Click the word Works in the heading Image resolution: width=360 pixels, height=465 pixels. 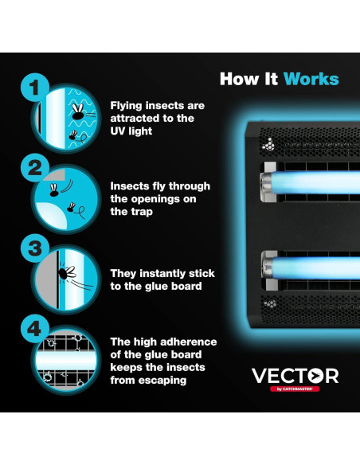[311, 79]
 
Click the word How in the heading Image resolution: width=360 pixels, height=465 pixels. [237, 79]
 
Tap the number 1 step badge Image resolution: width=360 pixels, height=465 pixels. [33, 87]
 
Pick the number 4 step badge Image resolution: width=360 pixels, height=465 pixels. [33, 327]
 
